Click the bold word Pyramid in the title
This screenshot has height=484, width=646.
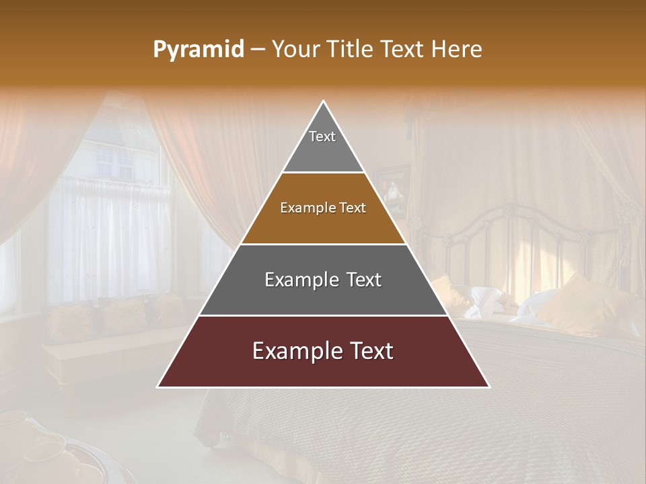coord(198,50)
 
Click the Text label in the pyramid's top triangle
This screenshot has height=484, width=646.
coord(322,136)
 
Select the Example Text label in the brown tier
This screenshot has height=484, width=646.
coord(323,208)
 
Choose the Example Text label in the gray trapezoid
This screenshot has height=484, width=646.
coord(323,280)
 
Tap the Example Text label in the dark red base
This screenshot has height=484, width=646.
coord(323,351)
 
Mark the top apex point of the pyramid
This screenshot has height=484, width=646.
coord(324,101)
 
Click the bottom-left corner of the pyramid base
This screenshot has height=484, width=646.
coord(157,387)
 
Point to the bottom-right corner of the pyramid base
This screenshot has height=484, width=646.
coord(489,387)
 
